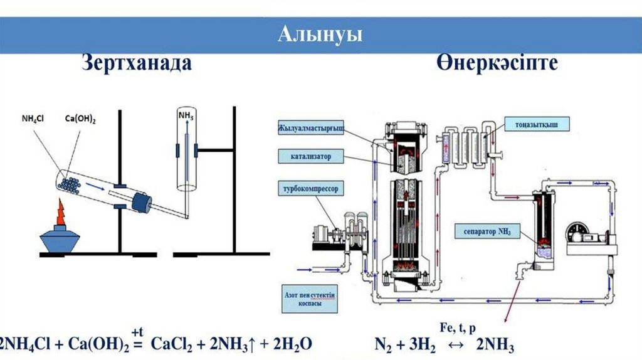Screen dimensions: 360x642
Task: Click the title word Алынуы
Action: [320, 34]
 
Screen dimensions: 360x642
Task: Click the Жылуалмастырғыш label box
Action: [312, 129]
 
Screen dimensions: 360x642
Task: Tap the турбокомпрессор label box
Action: [312, 188]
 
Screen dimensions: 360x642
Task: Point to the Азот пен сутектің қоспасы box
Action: [304, 297]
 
